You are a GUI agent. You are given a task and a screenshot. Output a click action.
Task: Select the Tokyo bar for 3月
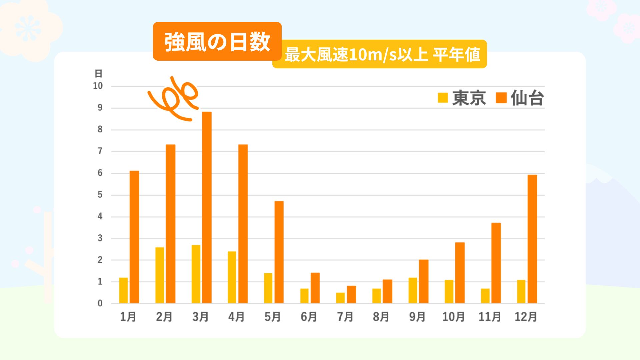pos(196,274)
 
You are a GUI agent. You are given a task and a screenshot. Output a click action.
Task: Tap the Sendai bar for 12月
pos(532,239)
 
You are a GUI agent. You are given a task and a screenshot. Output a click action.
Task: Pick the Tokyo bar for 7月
pos(340,298)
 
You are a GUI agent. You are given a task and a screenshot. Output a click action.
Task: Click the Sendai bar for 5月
pos(279,252)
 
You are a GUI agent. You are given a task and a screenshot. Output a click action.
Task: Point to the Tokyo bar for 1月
pos(124,290)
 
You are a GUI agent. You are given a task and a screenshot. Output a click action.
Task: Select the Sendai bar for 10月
pos(460,273)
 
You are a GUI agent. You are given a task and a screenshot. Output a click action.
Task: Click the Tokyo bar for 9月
pos(413,290)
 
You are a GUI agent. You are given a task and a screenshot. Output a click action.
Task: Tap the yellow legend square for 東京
pos(443,98)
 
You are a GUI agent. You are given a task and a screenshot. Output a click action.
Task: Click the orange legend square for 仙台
pos(501,98)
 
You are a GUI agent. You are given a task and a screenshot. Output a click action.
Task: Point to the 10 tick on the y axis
pos(98,86)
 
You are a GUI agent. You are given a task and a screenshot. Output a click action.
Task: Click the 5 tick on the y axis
pos(100,195)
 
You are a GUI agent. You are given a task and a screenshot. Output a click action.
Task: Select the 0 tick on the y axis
pos(100,303)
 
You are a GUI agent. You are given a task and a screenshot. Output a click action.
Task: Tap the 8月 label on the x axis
pos(381,317)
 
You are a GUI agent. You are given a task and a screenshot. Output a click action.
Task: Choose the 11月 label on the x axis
pos(490,317)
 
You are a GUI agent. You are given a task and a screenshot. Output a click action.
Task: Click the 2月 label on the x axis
pos(164,317)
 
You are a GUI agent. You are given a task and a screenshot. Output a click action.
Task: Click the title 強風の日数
pos(217,42)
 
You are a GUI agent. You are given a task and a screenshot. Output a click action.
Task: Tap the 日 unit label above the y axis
pos(98,73)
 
